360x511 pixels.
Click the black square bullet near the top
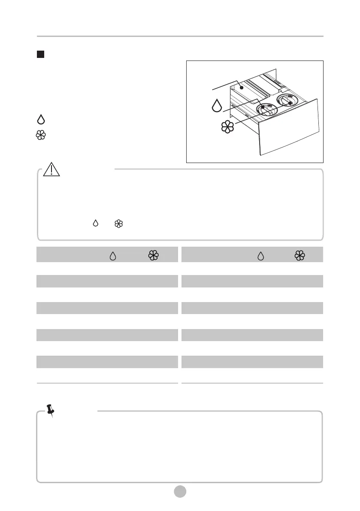(x=40, y=54)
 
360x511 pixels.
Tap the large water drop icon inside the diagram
(x=217, y=106)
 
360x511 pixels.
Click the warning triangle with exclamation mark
(x=51, y=170)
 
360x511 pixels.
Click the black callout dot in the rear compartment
(x=242, y=87)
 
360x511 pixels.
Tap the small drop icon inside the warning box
(x=96, y=223)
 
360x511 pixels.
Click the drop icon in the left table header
(x=113, y=256)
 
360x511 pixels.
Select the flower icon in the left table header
(x=154, y=256)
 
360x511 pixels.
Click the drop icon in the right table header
(x=260, y=256)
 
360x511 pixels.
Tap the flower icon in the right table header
(x=300, y=256)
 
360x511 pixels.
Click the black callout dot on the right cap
(x=290, y=103)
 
